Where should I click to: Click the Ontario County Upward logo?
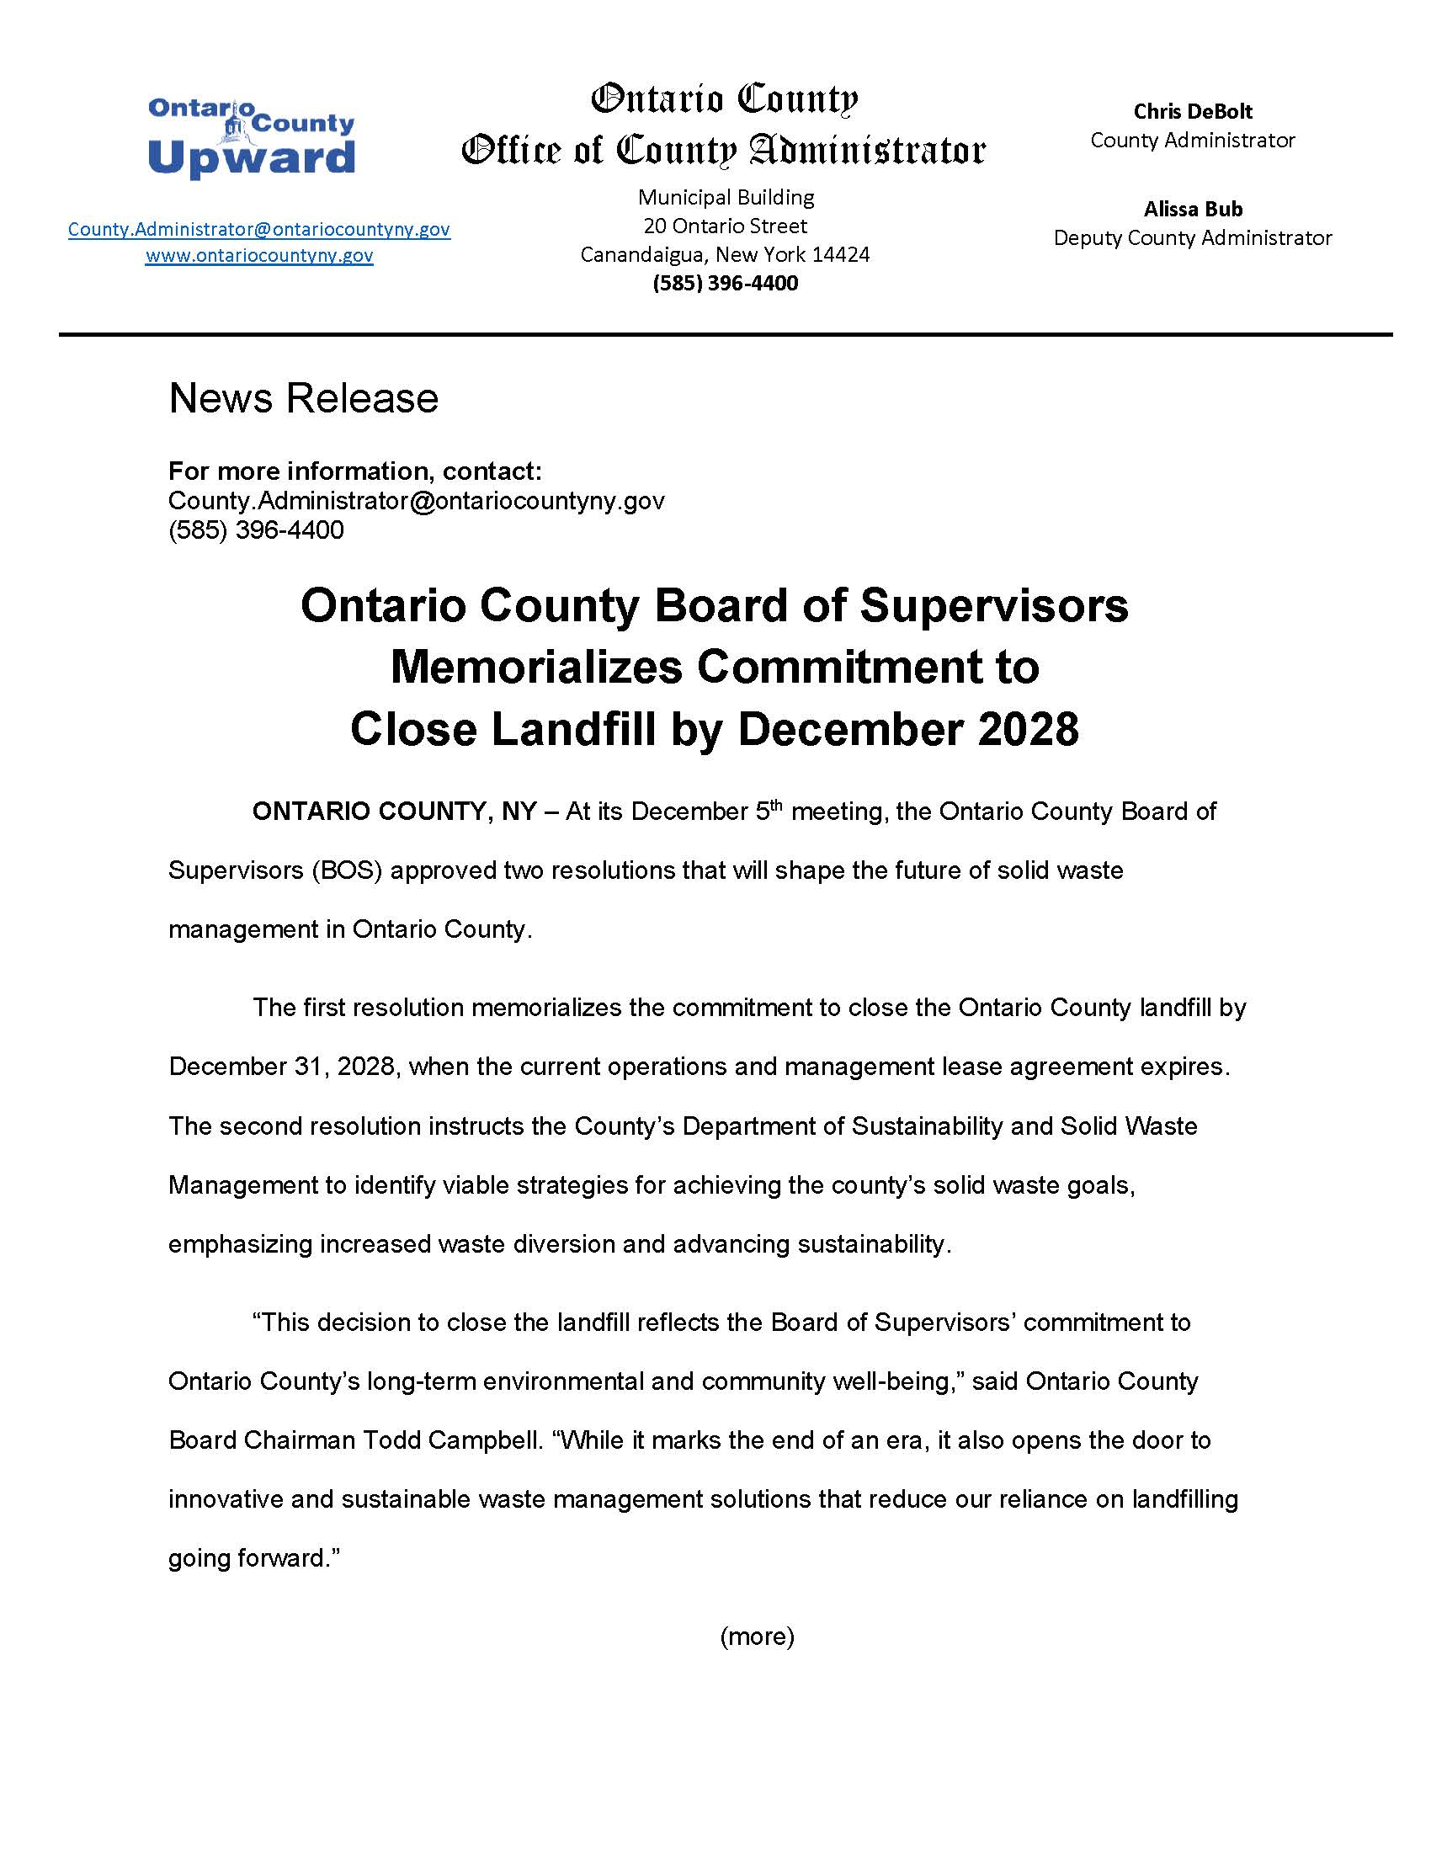251,138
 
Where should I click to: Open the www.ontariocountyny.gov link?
258,255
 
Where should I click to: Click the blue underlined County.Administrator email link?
258,229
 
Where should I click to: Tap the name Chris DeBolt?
1192,111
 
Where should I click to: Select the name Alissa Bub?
1192,209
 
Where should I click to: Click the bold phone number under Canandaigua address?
725,283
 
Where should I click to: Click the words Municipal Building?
725,198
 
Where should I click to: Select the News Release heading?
304,398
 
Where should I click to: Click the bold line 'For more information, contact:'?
354,471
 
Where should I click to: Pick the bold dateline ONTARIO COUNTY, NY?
394,812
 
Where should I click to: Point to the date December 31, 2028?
282,1067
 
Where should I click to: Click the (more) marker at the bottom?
756,1636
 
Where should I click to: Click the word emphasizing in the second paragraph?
240,1244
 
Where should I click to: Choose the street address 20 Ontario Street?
725,226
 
